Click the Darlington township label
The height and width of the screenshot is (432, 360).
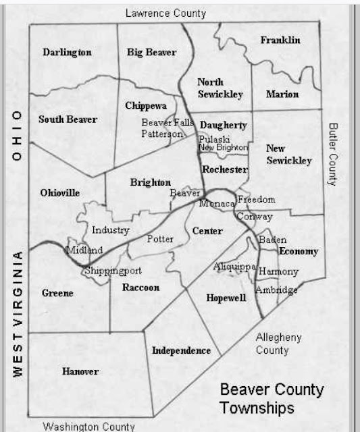67,52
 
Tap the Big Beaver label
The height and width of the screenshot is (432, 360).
151,52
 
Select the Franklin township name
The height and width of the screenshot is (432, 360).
280,40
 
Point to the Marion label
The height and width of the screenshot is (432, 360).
282,94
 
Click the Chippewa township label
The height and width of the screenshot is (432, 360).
146,105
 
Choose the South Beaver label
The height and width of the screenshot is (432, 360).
68,119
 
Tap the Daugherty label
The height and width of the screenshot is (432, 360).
224,126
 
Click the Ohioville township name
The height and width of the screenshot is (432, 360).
60,193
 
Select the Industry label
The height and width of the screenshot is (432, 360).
110,230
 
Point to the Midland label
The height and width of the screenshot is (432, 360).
85,250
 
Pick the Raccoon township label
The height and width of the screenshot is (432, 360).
140,288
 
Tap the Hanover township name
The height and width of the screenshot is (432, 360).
80,372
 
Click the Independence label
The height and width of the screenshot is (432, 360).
181,350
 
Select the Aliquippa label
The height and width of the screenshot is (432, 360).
234,267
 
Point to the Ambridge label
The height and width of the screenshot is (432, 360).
276,290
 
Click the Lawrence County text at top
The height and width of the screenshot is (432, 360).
165,13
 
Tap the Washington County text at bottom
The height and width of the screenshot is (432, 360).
88,427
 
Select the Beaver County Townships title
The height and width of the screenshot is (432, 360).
272,399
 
